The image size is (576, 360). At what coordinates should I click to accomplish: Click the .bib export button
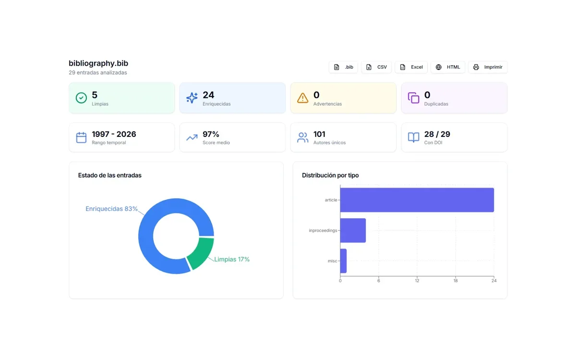[343, 67]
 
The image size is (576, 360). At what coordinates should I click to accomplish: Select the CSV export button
[376, 67]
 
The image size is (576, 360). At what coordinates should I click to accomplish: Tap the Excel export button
[411, 67]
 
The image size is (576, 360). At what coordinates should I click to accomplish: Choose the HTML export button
[448, 67]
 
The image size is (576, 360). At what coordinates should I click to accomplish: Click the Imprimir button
[488, 67]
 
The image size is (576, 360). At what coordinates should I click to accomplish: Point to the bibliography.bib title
[98, 63]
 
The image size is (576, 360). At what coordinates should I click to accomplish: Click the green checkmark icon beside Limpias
[81, 98]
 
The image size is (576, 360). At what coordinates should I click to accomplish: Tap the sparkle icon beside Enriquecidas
[192, 98]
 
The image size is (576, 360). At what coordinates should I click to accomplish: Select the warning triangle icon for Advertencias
[303, 98]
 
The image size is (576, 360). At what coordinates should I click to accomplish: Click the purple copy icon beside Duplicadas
[413, 98]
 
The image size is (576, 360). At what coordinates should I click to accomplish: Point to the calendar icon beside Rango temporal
[81, 137]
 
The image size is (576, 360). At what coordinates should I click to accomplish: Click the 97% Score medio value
[211, 134]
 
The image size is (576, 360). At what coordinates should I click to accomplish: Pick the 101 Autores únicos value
[319, 134]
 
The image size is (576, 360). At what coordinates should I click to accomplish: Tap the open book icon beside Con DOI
[413, 137]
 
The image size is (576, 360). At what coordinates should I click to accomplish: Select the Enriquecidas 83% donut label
[111, 209]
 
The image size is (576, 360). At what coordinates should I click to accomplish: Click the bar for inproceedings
[353, 230]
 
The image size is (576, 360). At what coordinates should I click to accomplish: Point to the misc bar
[343, 261]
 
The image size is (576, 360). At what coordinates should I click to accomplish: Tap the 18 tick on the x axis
[456, 281]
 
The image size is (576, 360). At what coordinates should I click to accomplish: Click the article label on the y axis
[331, 200]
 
